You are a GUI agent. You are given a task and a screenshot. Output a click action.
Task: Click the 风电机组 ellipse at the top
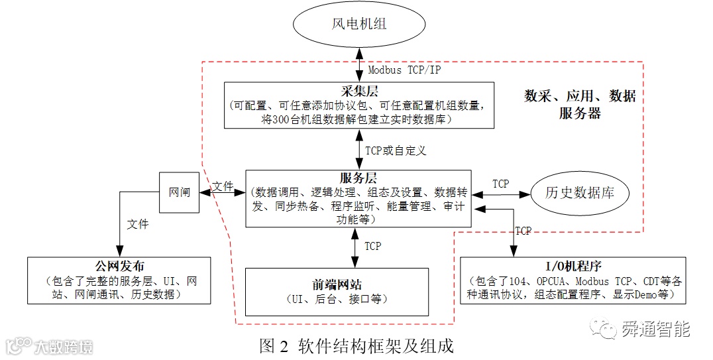(358, 25)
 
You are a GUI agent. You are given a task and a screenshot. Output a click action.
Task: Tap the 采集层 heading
(358, 91)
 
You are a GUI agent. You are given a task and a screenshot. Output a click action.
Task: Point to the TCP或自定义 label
(396, 150)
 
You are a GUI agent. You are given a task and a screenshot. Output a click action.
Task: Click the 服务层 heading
(358, 178)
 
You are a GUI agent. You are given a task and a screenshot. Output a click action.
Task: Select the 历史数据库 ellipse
(579, 193)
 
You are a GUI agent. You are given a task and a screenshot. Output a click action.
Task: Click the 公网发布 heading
(119, 266)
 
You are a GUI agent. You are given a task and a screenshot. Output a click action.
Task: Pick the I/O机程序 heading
(574, 267)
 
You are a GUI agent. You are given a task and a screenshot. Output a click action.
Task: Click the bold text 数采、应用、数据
(580, 96)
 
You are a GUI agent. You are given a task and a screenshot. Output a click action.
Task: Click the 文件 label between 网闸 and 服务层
(224, 187)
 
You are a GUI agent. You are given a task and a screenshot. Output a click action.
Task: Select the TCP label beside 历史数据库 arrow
(501, 184)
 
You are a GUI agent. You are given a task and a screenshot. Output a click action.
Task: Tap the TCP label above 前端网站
(373, 246)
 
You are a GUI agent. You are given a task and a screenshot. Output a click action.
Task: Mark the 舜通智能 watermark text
(655, 329)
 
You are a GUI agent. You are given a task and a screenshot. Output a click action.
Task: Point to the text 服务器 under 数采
(580, 113)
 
